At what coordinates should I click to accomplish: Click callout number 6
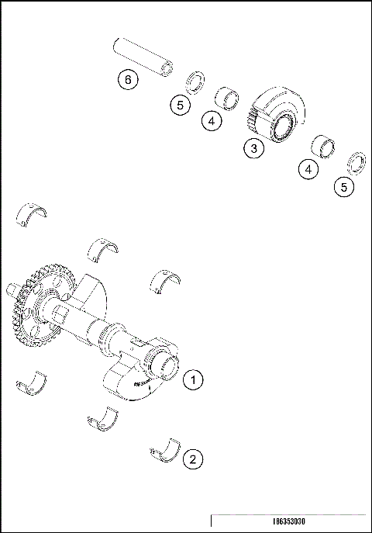click(129, 79)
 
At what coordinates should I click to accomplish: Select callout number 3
click(253, 147)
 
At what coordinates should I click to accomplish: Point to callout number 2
click(193, 459)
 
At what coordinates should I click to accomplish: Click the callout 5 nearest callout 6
click(181, 105)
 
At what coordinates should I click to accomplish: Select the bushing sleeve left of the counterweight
click(226, 99)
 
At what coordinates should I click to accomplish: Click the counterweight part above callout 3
click(279, 116)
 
